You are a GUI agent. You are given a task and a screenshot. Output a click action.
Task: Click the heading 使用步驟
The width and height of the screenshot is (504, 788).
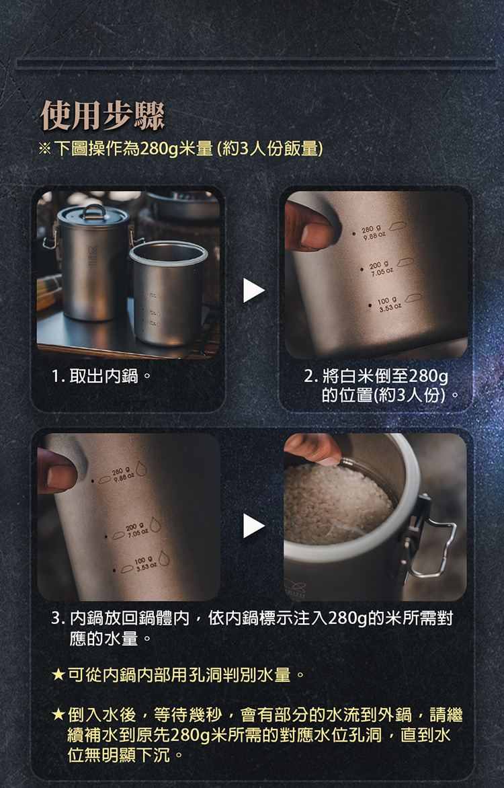103,115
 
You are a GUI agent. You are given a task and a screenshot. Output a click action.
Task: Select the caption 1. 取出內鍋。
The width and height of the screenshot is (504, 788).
101,376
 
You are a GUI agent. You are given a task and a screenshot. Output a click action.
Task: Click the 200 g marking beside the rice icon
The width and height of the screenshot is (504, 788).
380,268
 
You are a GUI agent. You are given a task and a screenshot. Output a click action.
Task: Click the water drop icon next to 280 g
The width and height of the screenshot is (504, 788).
141,468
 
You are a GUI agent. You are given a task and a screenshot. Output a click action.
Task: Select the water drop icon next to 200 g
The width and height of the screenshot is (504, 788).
155,524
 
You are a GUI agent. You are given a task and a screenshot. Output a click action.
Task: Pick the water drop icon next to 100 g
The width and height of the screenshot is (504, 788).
164,558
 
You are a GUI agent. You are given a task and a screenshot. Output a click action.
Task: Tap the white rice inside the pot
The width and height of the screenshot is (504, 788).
337,505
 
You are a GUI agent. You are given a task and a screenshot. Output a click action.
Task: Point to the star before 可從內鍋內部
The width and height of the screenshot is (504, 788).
58,674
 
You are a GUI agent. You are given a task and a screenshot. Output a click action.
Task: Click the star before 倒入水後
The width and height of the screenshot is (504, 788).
58,715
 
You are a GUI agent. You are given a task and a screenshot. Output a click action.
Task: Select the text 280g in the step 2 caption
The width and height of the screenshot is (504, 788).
429,376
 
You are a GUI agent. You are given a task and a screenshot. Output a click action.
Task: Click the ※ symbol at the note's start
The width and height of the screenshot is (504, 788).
45,149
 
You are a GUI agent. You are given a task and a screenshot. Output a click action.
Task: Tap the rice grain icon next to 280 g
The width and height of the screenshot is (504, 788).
397,226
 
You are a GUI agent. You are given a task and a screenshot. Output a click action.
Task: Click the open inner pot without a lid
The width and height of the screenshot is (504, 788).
168,294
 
